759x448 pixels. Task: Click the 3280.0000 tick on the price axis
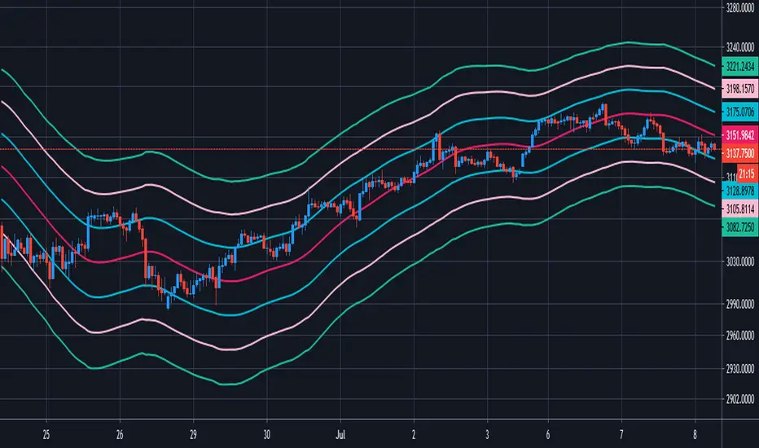pos(739,11)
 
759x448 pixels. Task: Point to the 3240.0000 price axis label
pos(739,47)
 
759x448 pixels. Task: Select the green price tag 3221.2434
pos(739,68)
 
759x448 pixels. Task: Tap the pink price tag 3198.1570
pos(739,89)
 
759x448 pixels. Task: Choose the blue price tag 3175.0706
pos(739,109)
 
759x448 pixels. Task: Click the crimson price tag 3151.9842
pos(739,135)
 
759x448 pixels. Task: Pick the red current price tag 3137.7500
pos(739,152)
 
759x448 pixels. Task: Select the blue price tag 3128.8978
pos(739,189)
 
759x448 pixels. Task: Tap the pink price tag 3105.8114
pos(739,209)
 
